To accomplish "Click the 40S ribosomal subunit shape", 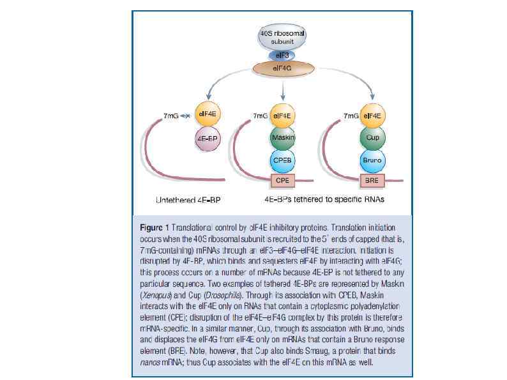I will [281, 36].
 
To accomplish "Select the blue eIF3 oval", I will [281, 56].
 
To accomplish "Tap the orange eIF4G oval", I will [281, 67].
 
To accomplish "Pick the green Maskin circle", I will [282, 138].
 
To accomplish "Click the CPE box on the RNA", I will [282, 180].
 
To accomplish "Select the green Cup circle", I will [372, 138].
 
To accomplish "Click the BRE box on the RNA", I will [372, 180].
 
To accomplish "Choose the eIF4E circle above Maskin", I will [282, 116].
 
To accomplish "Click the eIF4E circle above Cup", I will [372, 116].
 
